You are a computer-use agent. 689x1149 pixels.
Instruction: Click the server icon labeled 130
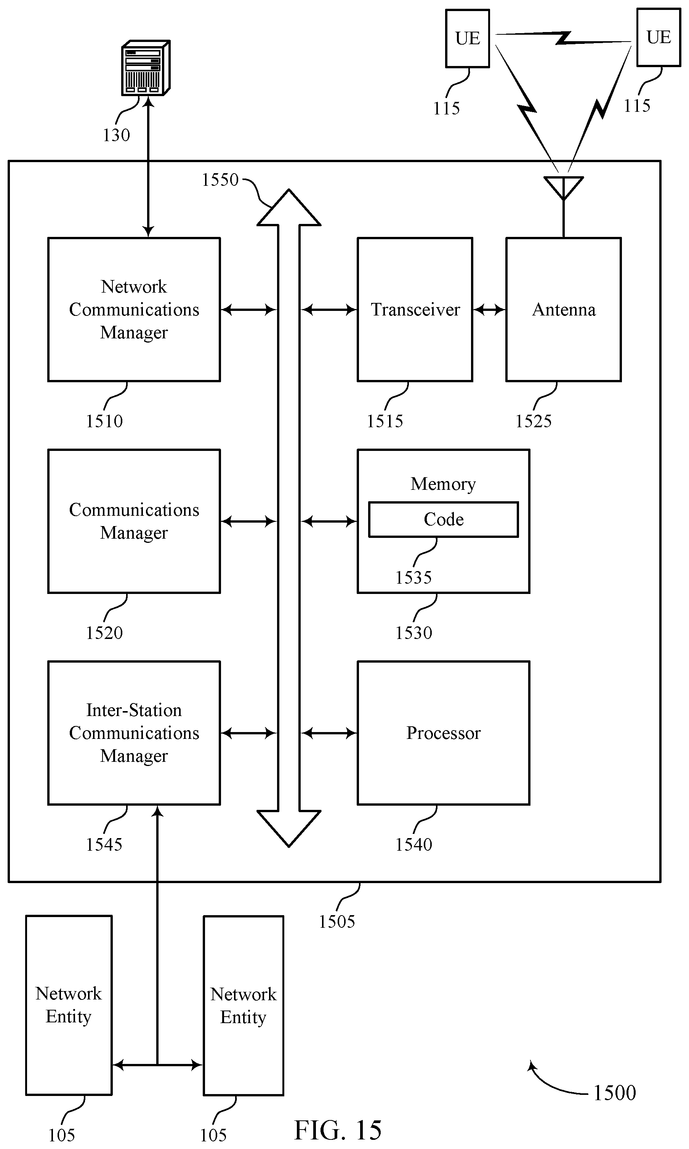[x=146, y=68]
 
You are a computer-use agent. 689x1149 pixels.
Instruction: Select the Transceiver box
[x=415, y=309]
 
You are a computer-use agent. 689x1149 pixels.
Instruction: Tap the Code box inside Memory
[x=444, y=520]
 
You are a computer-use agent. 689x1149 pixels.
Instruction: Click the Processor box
[x=444, y=733]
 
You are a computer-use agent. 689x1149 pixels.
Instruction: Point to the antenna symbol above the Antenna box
[x=563, y=188]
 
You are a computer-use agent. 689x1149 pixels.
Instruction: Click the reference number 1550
[x=220, y=180]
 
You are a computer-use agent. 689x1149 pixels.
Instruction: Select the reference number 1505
[x=336, y=922]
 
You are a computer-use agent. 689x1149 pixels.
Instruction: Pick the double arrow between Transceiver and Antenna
[x=489, y=309]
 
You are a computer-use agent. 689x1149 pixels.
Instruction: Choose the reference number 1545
[x=104, y=844]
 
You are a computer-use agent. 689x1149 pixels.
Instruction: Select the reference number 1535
[x=413, y=578]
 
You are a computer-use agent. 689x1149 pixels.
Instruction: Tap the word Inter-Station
[x=134, y=710]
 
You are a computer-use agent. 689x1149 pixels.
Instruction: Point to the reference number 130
[x=116, y=135]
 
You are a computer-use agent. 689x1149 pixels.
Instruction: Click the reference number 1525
[x=534, y=421]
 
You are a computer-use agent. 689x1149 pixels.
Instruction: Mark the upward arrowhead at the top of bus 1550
[x=289, y=207]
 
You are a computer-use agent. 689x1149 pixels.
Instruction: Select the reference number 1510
[x=104, y=421]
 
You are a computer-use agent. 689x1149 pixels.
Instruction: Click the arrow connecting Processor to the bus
[x=329, y=733]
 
